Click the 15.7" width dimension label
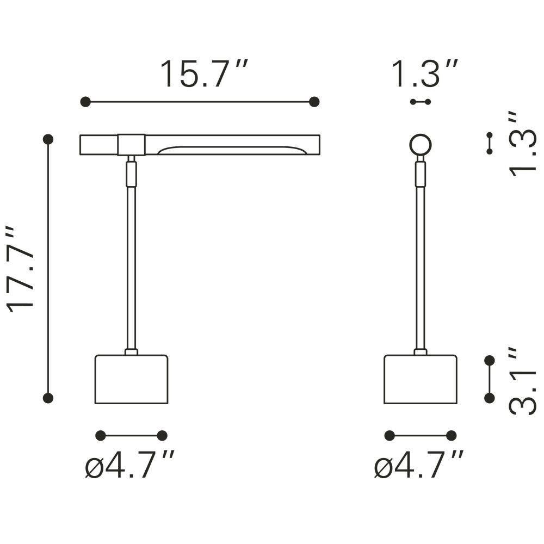click(x=204, y=74)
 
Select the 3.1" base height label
click(x=522, y=380)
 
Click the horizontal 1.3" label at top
click(x=425, y=74)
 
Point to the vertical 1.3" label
click(x=522, y=144)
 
